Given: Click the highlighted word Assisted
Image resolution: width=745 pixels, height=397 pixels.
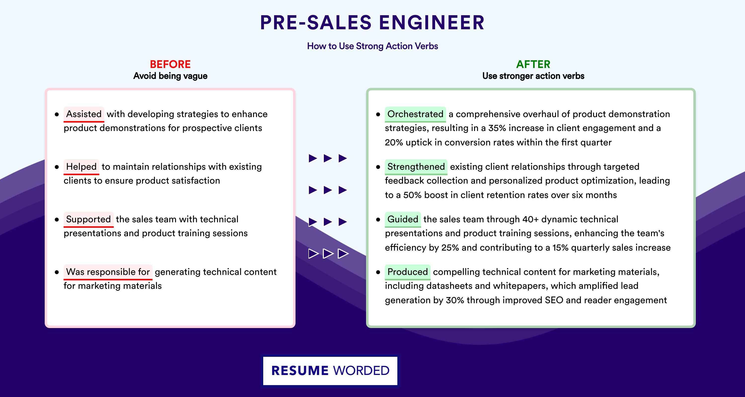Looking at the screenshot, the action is pyautogui.click(x=84, y=114).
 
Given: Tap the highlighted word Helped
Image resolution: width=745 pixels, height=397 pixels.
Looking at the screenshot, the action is pyautogui.click(x=81, y=167).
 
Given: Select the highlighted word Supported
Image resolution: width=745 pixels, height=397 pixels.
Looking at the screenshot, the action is pyautogui.click(x=88, y=219).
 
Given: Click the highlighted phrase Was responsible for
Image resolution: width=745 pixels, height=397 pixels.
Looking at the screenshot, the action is pyautogui.click(x=108, y=272).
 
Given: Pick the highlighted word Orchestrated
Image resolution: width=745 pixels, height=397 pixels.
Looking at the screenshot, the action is pyautogui.click(x=415, y=114).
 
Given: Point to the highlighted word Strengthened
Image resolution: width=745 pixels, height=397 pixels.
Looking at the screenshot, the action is pyautogui.click(x=416, y=167).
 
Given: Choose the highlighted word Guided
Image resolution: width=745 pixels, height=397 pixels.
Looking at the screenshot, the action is pyautogui.click(x=403, y=219).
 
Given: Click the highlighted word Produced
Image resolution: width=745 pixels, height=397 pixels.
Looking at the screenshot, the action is pyautogui.click(x=408, y=272).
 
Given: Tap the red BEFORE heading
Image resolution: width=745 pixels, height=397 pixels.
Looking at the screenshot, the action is pyautogui.click(x=170, y=64).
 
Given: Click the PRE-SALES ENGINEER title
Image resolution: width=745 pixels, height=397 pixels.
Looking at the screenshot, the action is pyautogui.click(x=372, y=23).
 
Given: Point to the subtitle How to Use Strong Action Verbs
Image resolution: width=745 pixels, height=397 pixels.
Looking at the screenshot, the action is pyautogui.click(x=372, y=46).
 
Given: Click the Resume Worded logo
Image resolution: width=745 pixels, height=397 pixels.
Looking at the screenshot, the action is pyautogui.click(x=330, y=371).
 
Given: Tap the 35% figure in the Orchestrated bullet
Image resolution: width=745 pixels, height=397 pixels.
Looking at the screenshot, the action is pyautogui.click(x=497, y=128).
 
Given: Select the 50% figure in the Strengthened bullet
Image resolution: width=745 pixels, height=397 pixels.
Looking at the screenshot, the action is pyautogui.click(x=412, y=195).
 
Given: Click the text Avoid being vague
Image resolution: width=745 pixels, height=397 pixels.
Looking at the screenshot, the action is pyautogui.click(x=170, y=76).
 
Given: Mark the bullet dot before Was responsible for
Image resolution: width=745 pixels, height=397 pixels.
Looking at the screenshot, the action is pyautogui.click(x=57, y=272).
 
